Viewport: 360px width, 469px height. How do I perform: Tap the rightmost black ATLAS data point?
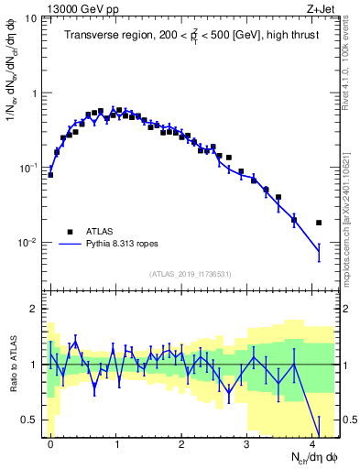319,223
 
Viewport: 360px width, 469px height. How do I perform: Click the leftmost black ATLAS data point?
50,174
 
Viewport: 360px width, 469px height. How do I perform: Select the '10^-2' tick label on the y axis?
27,243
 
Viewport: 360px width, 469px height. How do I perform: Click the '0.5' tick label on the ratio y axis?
29,420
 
